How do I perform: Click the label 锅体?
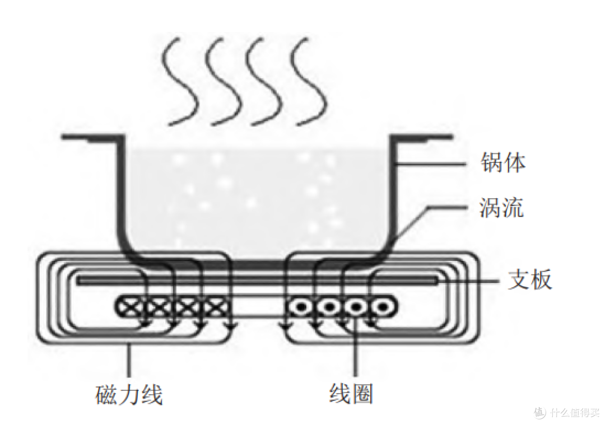click(502, 162)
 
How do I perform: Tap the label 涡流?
click(501, 208)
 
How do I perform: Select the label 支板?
click(530, 279)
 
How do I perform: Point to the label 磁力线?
click(129, 394)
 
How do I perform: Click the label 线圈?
click(351, 394)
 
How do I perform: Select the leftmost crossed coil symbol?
click(130, 307)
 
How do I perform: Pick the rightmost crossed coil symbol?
click(216, 307)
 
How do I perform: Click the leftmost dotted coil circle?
click(302, 307)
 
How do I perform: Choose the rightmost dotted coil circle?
click(383, 307)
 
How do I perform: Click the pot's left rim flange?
click(92, 137)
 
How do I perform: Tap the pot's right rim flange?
click(421, 137)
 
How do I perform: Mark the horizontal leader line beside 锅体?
click(431, 164)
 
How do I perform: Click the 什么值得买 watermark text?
click(575, 412)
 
